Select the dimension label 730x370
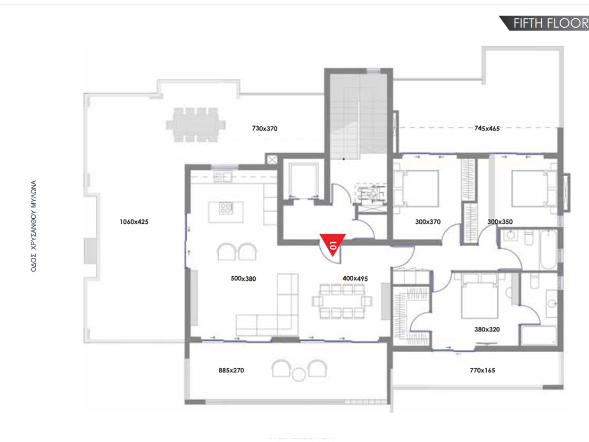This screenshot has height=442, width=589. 265,129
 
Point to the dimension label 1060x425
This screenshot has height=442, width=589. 134,222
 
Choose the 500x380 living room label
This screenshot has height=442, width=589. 243,279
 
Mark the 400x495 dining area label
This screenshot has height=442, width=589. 355,279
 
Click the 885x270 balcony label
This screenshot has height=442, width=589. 231,371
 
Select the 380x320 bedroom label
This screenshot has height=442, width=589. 486,330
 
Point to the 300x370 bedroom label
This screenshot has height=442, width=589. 427,222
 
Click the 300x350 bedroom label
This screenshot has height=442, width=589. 500,222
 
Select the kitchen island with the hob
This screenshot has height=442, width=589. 225,208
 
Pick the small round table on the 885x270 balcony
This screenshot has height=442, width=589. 299,375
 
